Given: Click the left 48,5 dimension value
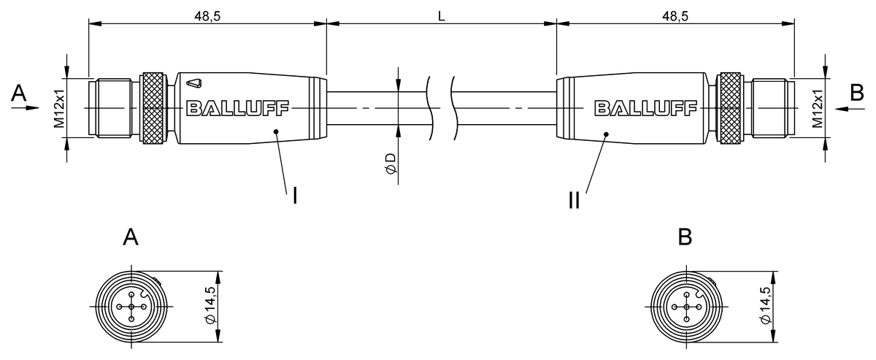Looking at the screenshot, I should click(207, 15).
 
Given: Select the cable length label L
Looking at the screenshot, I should click(442, 15).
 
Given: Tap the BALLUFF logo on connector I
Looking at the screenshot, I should click(238, 109).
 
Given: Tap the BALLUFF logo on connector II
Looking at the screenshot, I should click(645, 109).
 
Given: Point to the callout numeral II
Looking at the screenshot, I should click(575, 199).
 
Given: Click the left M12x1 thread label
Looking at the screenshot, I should click(58, 108).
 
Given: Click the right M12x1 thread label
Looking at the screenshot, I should click(818, 108).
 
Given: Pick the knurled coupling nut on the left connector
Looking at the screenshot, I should click(153, 108).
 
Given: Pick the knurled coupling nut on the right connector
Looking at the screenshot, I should click(729, 108).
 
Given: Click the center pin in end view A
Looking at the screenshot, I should click(131, 307).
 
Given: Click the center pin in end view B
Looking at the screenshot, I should click(685, 307).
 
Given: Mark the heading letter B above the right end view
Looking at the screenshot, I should click(685, 237).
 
